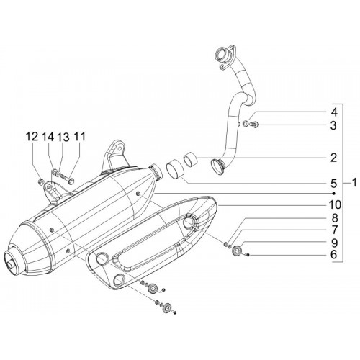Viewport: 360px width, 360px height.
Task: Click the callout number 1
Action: (354, 183)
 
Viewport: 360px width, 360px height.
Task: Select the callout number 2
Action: (333, 158)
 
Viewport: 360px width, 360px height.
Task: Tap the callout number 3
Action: (333, 125)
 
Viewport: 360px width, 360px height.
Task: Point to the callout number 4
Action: (333, 112)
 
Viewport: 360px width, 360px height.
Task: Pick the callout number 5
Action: (333, 184)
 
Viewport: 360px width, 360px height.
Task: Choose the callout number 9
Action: (333, 243)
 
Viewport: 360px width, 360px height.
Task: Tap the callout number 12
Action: (32, 137)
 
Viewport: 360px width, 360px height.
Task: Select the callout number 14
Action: (48, 137)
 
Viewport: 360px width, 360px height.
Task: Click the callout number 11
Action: (79, 137)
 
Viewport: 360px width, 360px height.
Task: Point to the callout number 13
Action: (63, 137)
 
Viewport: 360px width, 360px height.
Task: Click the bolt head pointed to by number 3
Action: (256, 125)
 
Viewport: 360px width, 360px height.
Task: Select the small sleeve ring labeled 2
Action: (191, 160)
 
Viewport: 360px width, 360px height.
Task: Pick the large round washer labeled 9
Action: (238, 251)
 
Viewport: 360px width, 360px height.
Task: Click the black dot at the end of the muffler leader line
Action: (333, 193)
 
